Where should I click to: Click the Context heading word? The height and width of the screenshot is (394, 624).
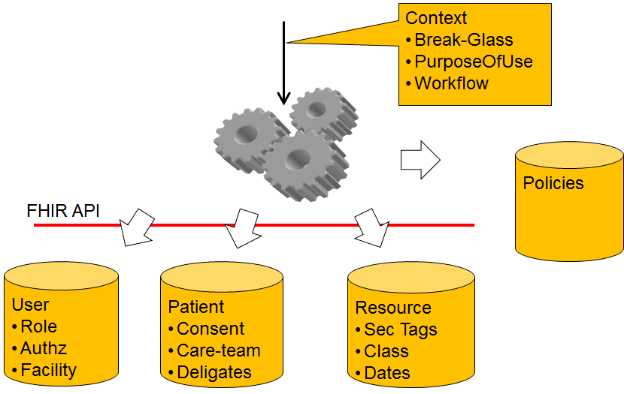(436, 18)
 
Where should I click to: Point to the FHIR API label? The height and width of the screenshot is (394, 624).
(63, 212)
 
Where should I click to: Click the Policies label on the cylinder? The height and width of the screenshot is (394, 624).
(553, 183)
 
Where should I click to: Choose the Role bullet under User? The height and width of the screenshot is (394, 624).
(38, 326)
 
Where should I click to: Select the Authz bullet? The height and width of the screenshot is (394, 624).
(44, 348)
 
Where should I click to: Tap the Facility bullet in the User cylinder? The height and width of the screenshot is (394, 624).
(48, 370)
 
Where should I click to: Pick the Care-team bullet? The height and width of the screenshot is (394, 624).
(219, 350)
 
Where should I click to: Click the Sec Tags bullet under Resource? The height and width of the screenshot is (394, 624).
(401, 329)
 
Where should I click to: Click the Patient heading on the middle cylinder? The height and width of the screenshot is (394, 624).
(195, 307)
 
